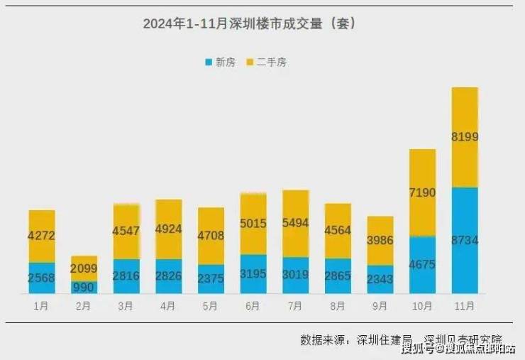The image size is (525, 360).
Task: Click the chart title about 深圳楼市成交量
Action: tap(249, 24)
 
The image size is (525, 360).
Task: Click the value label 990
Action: tap(84, 285)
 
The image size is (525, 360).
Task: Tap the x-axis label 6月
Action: tap(253, 306)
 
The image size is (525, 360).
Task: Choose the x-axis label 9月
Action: tap(380, 306)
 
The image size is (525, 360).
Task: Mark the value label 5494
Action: tap(295, 223)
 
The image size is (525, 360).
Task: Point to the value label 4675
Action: tap(422, 265)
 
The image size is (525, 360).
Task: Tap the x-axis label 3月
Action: tap(126, 306)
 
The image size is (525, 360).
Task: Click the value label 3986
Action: tap(380, 241)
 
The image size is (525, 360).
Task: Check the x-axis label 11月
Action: tap(465, 306)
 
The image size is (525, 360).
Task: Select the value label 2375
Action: tap(211, 279)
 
